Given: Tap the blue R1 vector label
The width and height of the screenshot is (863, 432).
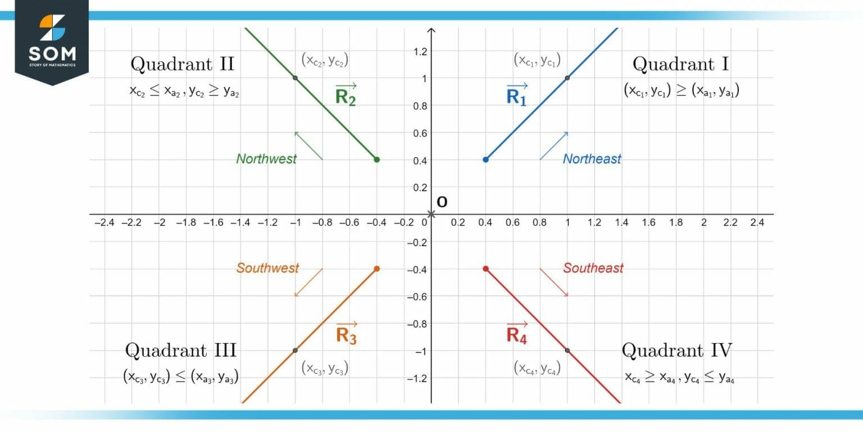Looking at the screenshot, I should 517,95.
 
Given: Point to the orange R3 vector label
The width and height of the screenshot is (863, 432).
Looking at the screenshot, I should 346,334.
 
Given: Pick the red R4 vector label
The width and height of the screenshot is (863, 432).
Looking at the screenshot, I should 517,334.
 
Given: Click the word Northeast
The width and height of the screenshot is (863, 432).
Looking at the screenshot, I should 592,159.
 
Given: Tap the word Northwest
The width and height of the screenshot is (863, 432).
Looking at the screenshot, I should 266,159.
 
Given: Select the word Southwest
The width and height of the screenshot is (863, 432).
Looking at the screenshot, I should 267,268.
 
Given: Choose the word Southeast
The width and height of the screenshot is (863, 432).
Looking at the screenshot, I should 593,268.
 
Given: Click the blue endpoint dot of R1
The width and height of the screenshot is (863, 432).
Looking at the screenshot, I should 485,160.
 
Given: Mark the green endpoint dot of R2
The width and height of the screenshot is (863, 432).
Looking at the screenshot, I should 376,160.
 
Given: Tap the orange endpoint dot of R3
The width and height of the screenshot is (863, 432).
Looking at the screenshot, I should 376,269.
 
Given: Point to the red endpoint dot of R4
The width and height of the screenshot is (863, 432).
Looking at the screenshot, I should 485,269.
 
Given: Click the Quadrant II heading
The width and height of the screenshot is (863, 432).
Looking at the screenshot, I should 182,64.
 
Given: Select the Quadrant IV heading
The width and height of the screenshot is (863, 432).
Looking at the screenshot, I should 676,350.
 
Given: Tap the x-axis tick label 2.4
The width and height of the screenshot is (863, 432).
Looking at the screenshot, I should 757,223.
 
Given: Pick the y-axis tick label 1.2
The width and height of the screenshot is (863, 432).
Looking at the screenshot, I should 420,52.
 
